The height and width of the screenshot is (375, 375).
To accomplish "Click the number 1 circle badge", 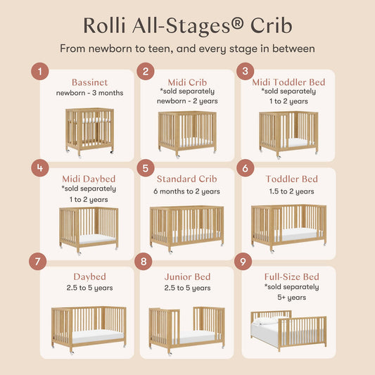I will coord(43,71).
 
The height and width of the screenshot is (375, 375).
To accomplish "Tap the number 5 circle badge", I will coord(146,169).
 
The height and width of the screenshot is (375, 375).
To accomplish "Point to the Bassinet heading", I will coord(89,82).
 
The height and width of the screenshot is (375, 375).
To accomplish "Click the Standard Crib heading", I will coord(186,179).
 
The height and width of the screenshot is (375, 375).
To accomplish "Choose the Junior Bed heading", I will coord(186,277).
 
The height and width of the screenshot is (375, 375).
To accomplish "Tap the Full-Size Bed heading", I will coord(291,277).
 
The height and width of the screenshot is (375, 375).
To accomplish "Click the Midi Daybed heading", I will coord(89,179).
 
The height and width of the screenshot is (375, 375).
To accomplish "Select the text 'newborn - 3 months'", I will coord(89,93).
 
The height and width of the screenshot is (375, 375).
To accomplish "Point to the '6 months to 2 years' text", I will coord(186,191).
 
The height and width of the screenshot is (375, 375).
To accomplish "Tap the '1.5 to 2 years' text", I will coord(291,191).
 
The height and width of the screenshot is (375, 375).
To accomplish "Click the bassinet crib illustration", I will coord(89,131).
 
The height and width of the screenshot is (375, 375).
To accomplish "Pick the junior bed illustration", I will coord(186,329).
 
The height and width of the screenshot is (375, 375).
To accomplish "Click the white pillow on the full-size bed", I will coord(265,322).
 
